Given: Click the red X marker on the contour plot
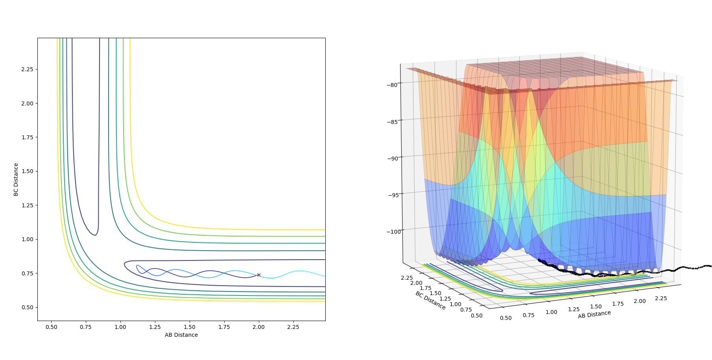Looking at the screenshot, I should [259, 275].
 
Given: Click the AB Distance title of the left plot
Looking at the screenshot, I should [181, 335].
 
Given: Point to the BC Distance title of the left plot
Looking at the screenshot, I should [16, 179].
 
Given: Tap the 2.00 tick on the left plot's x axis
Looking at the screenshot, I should [259, 327].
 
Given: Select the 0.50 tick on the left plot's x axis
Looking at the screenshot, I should [51, 327].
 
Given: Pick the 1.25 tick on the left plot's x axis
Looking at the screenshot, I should [155, 327].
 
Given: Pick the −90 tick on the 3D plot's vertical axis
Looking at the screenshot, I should [392, 158].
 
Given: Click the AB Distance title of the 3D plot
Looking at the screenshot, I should [594, 314].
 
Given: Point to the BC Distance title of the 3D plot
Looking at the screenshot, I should [430, 301].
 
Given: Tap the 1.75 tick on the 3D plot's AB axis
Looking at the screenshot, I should [618, 304].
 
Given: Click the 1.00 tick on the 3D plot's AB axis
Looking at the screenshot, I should [552, 312].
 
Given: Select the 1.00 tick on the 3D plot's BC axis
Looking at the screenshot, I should [456, 304].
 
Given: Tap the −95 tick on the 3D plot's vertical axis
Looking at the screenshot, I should [392, 195].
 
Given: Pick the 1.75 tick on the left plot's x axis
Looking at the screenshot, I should [224, 327].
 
